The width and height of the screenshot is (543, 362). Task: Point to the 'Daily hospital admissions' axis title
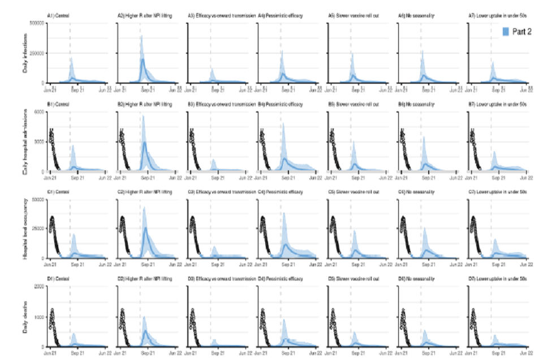click(25, 141)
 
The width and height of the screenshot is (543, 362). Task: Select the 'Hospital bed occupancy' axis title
click(25, 229)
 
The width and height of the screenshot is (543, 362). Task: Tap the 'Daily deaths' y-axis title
click(25, 317)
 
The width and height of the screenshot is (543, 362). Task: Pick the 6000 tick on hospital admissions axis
click(40, 111)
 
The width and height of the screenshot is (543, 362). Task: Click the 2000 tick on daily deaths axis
click(40, 287)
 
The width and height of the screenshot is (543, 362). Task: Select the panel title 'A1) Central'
click(59, 16)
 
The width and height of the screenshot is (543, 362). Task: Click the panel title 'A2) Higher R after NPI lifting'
click(139, 16)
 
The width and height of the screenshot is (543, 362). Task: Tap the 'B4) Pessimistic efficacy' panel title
click(281, 104)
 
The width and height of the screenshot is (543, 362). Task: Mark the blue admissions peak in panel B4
click(282, 124)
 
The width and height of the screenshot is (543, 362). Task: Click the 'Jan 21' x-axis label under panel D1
click(49, 352)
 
